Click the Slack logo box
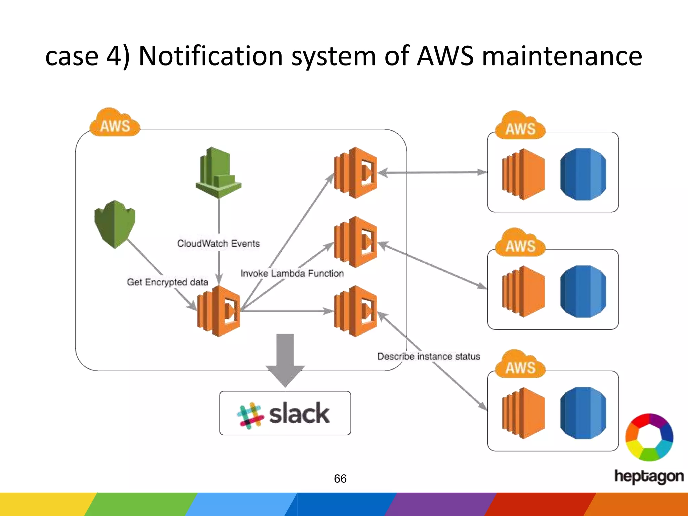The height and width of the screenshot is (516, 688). pyautogui.click(x=285, y=413)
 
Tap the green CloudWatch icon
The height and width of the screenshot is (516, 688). pyautogui.click(x=218, y=172)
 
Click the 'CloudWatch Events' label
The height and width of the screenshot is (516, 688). pyautogui.click(x=218, y=243)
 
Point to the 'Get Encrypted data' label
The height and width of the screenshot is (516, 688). pyautogui.click(x=167, y=282)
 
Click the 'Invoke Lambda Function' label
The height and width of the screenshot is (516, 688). pyautogui.click(x=292, y=273)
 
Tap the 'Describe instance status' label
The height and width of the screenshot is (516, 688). pyautogui.click(x=429, y=356)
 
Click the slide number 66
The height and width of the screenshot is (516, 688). pyautogui.click(x=340, y=478)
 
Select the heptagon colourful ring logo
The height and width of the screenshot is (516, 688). pyautogui.click(x=649, y=437)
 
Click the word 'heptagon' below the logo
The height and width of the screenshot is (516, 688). pyautogui.click(x=649, y=476)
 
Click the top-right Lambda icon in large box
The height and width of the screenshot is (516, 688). pyautogui.click(x=355, y=173)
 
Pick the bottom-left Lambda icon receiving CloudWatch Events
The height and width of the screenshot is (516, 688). pyautogui.click(x=219, y=311)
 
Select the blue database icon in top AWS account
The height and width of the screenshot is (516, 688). pyautogui.click(x=583, y=174)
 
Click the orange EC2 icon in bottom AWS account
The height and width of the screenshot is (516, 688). pyautogui.click(x=523, y=413)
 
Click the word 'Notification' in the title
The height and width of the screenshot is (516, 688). pyautogui.click(x=210, y=56)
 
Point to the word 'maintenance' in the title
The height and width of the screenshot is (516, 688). pyautogui.click(x=562, y=56)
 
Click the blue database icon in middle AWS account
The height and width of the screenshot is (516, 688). pyautogui.click(x=583, y=291)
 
